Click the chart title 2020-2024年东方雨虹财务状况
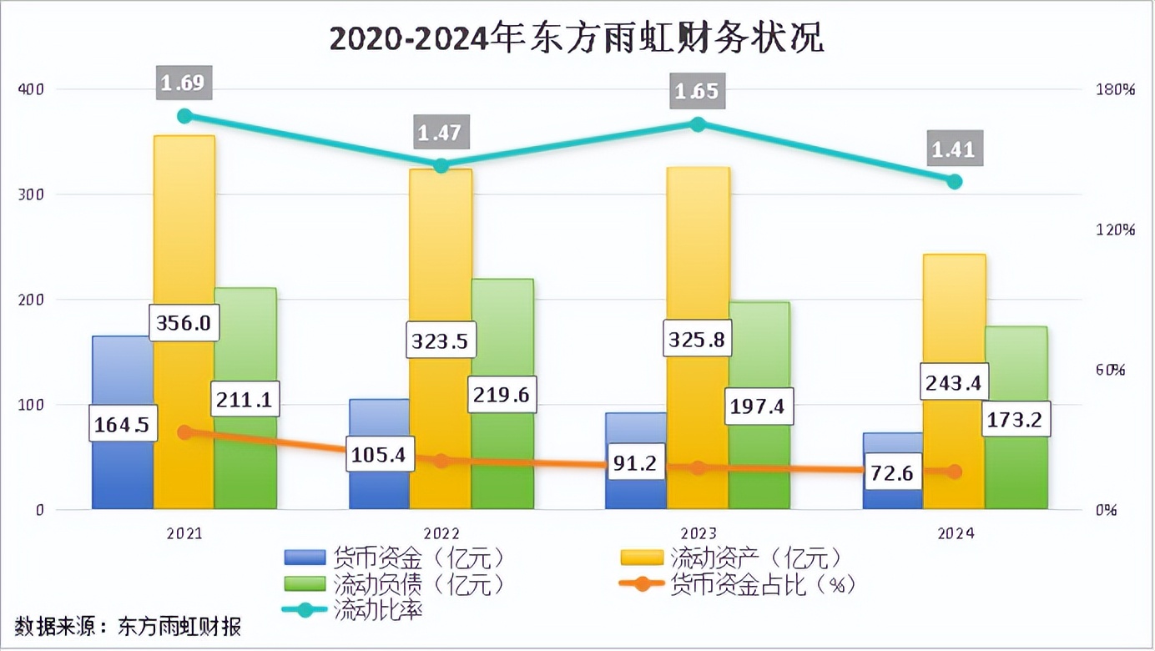click(577, 38)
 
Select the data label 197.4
click(758, 406)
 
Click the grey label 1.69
click(182, 83)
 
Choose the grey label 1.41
click(953, 150)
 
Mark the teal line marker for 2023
click(698, 124)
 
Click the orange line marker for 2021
click(184, 432)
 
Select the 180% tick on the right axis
click(1115, 89)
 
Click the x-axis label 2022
click(441, 533)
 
